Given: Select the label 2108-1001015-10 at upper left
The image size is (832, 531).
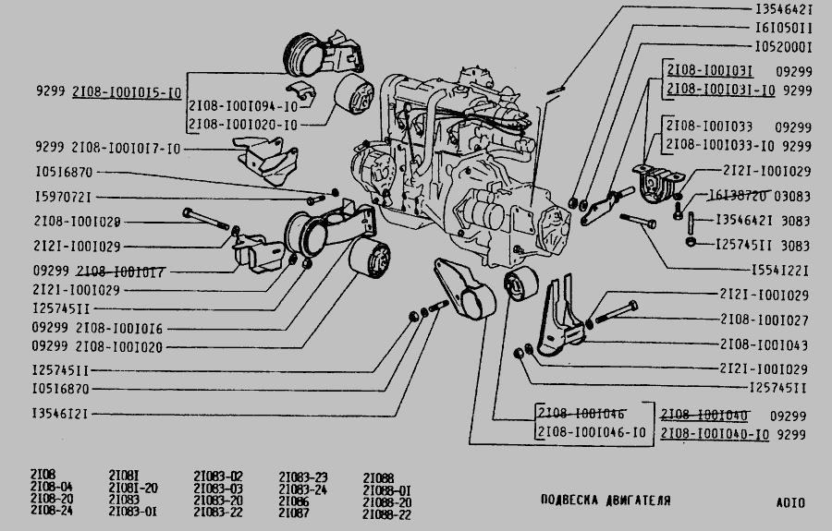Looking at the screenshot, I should click(126, 92).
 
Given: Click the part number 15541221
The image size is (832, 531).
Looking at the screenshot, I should click(777, 271).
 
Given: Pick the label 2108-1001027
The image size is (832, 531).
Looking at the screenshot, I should click(764, 320).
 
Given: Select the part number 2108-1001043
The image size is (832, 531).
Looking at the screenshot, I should click(764, 344).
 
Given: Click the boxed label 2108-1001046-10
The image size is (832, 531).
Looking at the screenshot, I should click(592, 432).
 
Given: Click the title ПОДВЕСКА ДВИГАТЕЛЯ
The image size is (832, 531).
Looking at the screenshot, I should click(606, 501).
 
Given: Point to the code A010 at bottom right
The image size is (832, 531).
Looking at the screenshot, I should click(790, 503).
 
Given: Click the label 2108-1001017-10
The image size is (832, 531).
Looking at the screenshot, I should click(126, 148).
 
